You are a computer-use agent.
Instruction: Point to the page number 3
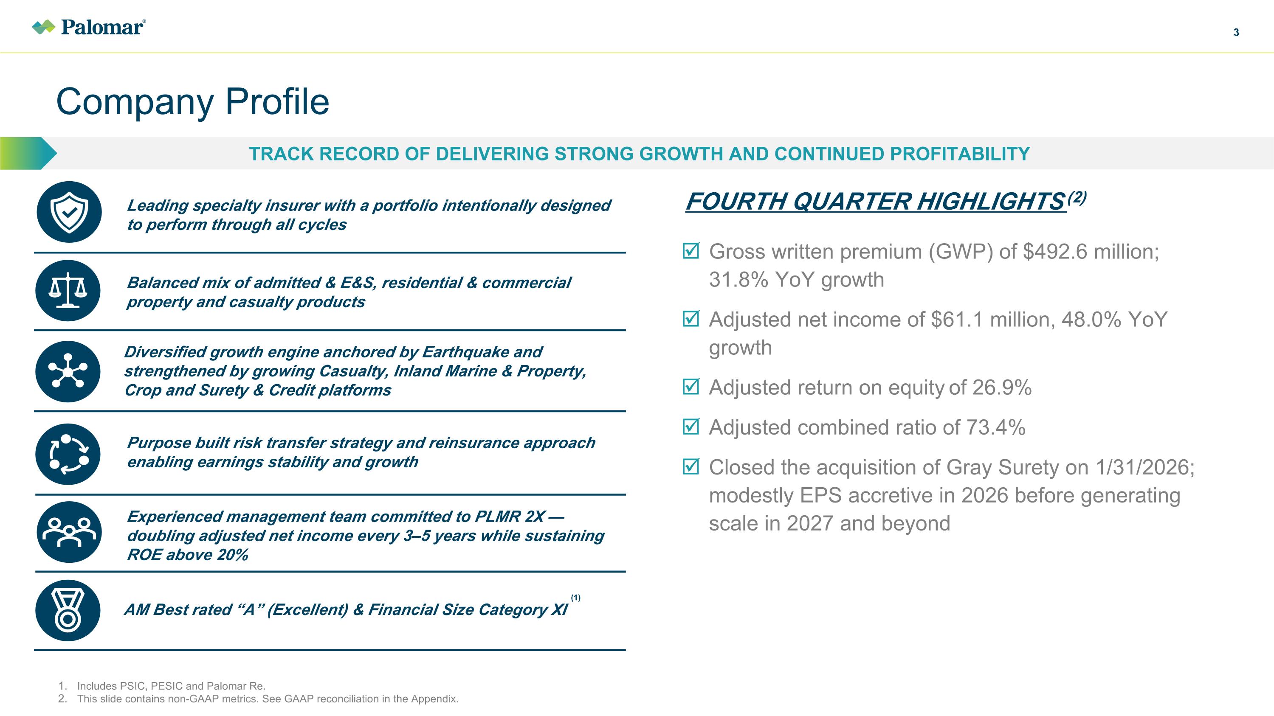1236,33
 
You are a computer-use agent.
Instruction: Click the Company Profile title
192,102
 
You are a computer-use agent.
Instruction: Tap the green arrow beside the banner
29,154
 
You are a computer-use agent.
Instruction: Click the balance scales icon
68,291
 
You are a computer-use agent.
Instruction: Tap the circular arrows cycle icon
68,454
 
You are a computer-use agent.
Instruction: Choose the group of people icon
69,532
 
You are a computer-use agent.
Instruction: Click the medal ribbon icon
68,611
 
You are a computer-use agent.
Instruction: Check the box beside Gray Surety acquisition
691,466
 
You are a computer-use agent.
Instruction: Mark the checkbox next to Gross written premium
691,250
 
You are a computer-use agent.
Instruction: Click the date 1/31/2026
1144,467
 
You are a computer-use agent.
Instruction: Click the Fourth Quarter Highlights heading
875,202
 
